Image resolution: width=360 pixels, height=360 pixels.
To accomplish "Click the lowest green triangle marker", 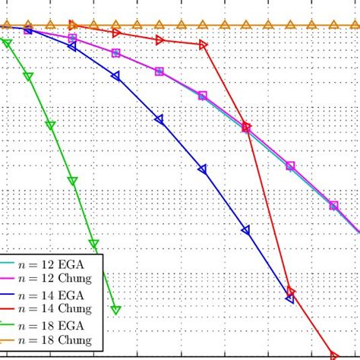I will tap(115, 309).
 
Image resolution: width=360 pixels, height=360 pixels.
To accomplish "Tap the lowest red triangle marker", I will tap(333, 355).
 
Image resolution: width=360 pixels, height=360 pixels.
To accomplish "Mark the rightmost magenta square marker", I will tap(333, 205).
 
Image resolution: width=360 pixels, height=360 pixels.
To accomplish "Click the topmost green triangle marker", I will tap(7, 43).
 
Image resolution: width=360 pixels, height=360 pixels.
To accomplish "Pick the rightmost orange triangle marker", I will tap(355, 25).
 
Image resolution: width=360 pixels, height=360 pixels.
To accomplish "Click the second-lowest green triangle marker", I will tap(93, 244).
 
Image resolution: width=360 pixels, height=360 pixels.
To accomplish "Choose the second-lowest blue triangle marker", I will tap(245, 229).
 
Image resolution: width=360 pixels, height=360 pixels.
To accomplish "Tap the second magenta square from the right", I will tap(289, 165).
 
